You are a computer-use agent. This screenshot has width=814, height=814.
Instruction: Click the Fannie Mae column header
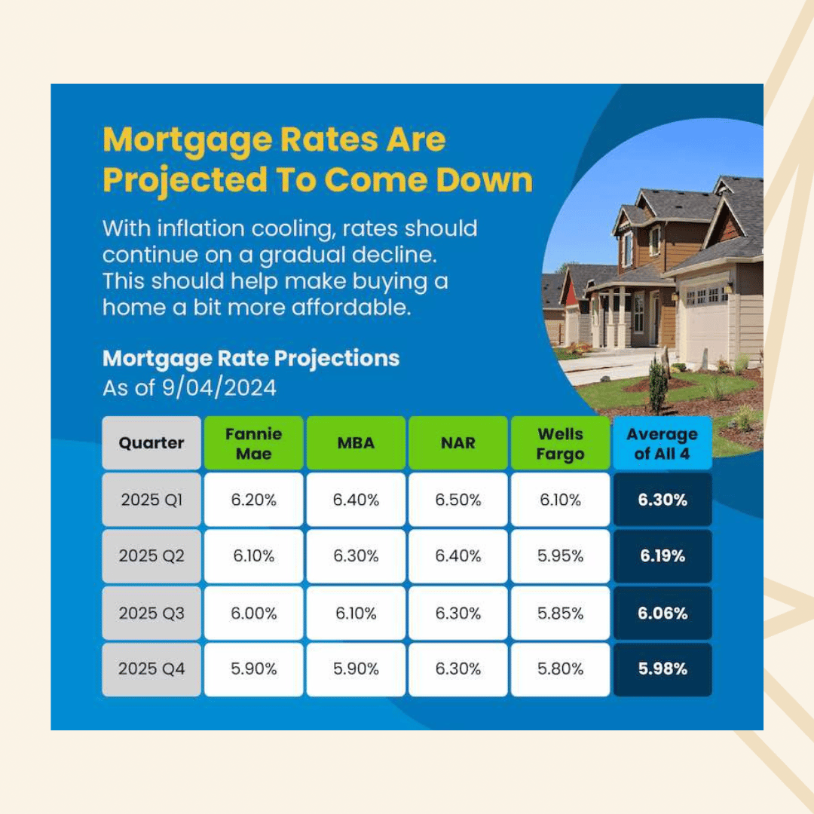[x=253, y=443]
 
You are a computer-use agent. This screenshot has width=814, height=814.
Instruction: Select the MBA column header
[x=356, y=443]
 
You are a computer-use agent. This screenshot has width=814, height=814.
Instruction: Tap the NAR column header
[x=458, y=443]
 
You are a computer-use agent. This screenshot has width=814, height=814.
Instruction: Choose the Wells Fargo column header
[x=560, y=443]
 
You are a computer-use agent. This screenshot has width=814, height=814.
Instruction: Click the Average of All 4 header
[x=663, y=443]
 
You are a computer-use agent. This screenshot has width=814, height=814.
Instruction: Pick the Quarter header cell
[x=151, y=443]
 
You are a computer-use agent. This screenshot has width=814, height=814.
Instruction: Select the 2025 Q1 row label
[x=151, y=500]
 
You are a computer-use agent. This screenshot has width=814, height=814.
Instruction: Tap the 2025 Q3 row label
[x=151, y=613]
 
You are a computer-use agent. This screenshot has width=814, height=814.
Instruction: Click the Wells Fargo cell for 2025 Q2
[x=560, y=556]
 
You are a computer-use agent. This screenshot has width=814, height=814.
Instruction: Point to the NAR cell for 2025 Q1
[x=458, y=500]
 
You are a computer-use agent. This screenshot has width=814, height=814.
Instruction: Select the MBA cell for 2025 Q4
[x=356, y=669]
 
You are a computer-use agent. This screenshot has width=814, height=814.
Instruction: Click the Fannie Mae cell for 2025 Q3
[x=253, y=613]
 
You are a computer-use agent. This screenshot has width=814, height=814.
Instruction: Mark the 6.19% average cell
[x=663, y=556]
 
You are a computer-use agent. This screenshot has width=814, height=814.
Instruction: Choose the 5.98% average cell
[x=663, y=669]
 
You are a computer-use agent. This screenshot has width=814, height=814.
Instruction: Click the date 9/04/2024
[x=219, y=388]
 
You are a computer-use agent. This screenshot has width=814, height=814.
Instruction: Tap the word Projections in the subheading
[x=337, y=359]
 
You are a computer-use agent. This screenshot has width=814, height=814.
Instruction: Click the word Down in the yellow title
[x=485, y=180]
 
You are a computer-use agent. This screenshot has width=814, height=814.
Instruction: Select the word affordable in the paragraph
[x=351, y=308]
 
